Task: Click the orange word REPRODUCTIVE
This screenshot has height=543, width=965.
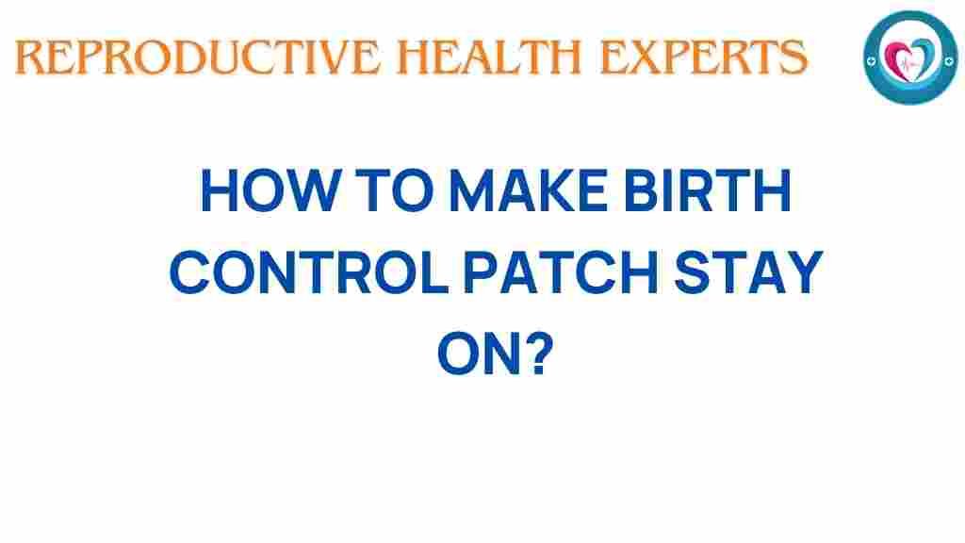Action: point(197,58)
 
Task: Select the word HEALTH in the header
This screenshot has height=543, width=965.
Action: point(490,58)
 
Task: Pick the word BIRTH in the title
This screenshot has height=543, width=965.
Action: point(707,190)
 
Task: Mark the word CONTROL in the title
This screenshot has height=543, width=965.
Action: point(308,272)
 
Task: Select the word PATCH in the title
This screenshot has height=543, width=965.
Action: point(561,272)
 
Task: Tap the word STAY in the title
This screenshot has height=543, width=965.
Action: point(748,272)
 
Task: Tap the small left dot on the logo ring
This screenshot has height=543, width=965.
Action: point(871,61)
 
